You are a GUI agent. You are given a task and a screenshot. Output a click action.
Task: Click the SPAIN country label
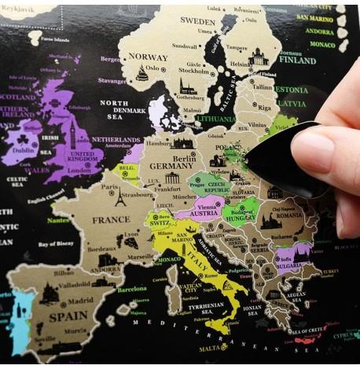70,318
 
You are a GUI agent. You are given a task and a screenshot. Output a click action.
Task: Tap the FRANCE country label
112,220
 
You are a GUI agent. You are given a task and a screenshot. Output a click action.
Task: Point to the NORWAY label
148,57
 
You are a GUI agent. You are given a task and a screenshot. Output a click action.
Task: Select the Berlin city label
184,158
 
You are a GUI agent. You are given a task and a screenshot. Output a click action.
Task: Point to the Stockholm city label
194,70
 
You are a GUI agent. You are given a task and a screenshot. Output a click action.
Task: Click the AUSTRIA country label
204,213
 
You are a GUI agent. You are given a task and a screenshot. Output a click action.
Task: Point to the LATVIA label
292,103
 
